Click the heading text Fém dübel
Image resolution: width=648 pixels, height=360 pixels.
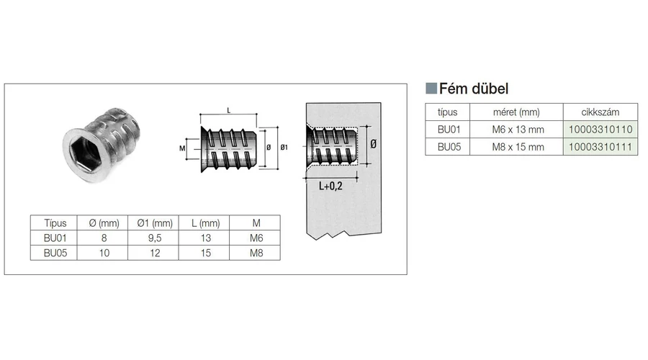point(474,89)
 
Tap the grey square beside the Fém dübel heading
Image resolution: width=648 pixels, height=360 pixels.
point(431,89)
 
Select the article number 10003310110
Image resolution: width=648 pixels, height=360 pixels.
point(600,130)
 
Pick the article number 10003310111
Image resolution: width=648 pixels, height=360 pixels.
point(600,147)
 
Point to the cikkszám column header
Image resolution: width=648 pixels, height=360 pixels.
point(600,112)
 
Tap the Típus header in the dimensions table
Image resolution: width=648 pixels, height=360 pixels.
point(55,223)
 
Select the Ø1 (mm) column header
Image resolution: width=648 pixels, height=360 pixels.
point(155,223)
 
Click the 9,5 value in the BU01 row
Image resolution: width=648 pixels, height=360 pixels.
point(155,238)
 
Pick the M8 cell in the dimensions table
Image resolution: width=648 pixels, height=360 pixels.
point(256,252)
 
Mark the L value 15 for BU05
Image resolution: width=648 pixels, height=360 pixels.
point(205,252)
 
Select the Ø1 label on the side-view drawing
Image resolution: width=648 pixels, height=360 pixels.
point(283,148)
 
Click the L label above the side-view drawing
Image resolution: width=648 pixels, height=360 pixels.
point(228,109)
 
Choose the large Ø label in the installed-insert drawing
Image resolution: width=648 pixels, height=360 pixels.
point(373,145)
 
